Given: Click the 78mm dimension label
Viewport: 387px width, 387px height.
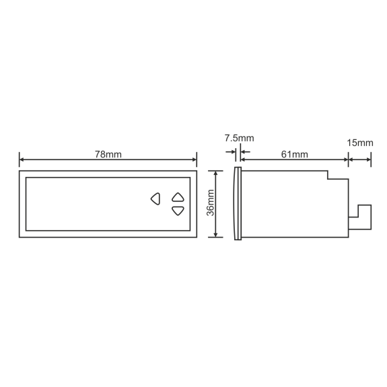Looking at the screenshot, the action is click(108, 155).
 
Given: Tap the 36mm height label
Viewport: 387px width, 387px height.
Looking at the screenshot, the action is click(210, 203).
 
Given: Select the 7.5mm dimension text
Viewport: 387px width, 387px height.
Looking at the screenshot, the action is click(239, 138).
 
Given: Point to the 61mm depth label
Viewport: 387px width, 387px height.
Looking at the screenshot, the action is click(294, 155).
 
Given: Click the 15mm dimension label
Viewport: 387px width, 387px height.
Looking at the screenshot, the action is click(360, 143).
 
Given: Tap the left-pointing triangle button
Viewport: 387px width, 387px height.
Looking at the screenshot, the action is click(155, 199).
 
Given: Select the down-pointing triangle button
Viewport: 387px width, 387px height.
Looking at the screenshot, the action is click(178, 211).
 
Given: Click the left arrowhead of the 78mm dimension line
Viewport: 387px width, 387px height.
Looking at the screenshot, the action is click(22, 160).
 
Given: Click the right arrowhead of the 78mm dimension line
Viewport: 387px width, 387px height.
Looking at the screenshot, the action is click(195, 160).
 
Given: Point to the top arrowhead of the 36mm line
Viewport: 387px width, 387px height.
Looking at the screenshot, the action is click(216, 173).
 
